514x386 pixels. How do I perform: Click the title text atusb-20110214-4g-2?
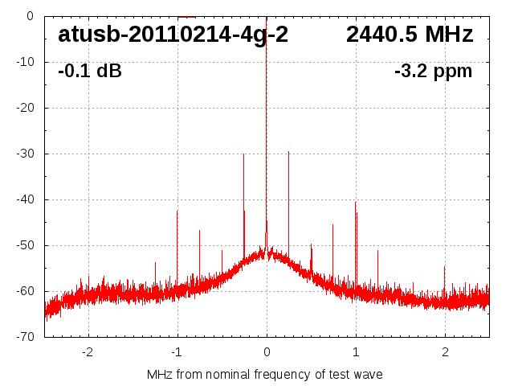pyautogui.click(x=173, y=35)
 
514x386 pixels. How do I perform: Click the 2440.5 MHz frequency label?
pyautogui.click(x=410, y=35)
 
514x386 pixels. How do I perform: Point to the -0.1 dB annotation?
pyautogui.click(x=90, y=72)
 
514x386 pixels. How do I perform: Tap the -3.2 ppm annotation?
pyautogui.click(x=433, y=72)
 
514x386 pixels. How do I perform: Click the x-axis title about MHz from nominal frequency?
pyautogui.click(x=265, y=375)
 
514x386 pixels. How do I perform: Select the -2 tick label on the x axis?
pyautogui.click(x=88, y=351)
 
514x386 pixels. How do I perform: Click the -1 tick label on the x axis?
pyautogui.click(x=177, y=351)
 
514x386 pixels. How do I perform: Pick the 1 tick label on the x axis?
pyautogui.click(x=356, y=351)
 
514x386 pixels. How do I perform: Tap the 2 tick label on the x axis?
pyautogui.click(x=445, y=351)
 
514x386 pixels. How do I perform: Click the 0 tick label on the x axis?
pyautogui.click(x=267, y=351)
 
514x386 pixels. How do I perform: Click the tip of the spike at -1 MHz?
pyautogui.click(x=177, y=211)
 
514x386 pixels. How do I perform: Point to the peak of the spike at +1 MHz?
pyautogui.click(x=355, y=202)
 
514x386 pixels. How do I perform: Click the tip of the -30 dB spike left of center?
pyautogui.click(x=244, y=154)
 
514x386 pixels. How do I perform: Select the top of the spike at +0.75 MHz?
pyautogui.click(x=332, y=225)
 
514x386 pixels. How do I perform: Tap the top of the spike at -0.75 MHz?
pyautogui.click(x=200, y=230)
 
